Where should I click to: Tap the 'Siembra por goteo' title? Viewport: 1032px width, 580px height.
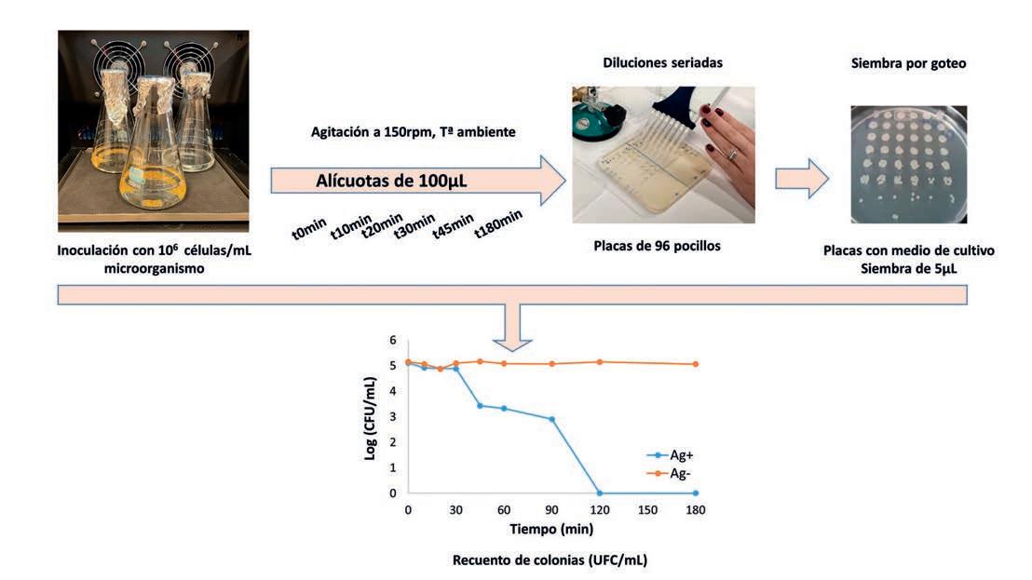tap(908, 64)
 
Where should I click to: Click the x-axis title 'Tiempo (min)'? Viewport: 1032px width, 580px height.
tap(551, 528)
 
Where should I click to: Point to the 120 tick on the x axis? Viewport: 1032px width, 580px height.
tap(599, 509)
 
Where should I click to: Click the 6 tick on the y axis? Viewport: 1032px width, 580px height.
tap(392, 340)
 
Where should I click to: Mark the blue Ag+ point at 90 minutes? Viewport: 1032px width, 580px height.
tap(551, 419)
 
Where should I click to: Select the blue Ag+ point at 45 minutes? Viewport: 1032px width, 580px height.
tap(480, 405)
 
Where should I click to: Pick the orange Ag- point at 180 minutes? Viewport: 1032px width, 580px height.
tap(695, 364)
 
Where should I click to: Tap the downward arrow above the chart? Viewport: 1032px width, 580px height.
tap(512, 321)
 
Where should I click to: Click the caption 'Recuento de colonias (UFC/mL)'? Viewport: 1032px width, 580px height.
tap(550, 560)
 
